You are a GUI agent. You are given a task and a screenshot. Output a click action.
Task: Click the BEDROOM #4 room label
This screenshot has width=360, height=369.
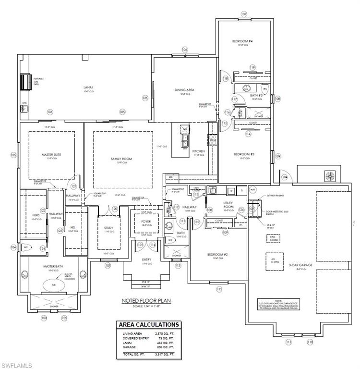(x=244, y=42)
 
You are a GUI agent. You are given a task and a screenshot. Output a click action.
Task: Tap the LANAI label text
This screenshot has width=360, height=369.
(x=88, y=87)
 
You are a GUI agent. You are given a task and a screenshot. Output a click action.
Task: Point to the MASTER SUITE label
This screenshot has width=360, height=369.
(x=51, y=155)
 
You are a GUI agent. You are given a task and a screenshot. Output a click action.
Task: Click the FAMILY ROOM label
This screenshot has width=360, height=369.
(x=121, y=159)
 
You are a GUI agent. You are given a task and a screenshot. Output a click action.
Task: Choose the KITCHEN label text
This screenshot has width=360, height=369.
(x=199, y=151)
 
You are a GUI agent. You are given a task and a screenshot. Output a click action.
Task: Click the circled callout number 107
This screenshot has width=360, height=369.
(x=243, y=14)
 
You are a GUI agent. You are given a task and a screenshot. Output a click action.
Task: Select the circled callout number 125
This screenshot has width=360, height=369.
(x=144, y=98)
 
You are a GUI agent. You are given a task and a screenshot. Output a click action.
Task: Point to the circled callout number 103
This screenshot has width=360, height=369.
(x=44, y=318)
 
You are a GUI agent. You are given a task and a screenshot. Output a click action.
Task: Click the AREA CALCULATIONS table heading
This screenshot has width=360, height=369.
(x=149, y=325)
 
